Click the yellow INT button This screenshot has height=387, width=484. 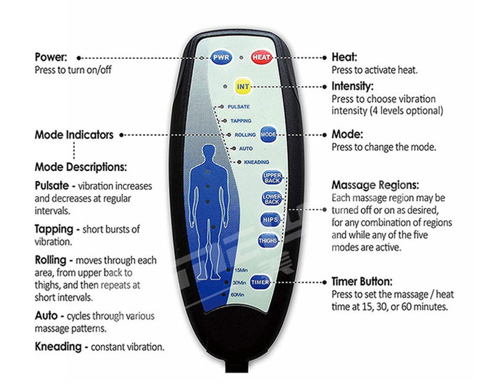click(x=243, y=86)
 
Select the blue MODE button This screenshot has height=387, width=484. click(x=268, y=134)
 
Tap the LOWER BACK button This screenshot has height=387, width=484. click(x=271, y=199)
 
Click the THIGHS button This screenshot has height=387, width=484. click(x=268, y=240)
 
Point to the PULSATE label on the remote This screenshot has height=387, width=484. click(x=238, y=106)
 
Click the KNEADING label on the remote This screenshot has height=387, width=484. click(x=248, y=161)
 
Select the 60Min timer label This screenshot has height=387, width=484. click(x=239, y=296)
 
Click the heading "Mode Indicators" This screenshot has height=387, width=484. click(x=74, y=134)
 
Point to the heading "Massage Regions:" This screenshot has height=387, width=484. click(x=375, y=184)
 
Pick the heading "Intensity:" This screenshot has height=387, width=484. click(x=352, y=86)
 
